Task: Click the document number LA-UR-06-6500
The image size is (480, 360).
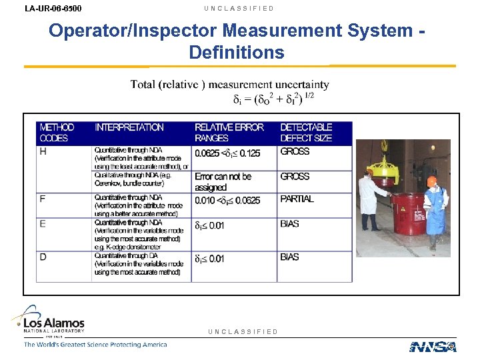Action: (53, 9)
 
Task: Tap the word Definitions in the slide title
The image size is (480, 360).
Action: (237, 52)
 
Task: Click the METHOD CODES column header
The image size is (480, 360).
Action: (57, 132)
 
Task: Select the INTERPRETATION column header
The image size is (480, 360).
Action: (129, 127)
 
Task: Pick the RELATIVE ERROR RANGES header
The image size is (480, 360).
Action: (229, 132)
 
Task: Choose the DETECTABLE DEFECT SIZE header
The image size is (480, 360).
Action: (306, 132)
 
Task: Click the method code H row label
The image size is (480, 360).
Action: (43, 151)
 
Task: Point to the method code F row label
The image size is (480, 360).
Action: (43, 199)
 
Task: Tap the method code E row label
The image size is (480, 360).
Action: (43, 223)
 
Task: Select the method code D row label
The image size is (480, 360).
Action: (43, 257)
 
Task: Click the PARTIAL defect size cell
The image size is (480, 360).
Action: (297, 199)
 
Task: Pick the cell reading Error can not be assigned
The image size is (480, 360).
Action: (223, 182)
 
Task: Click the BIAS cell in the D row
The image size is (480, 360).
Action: (290, 257)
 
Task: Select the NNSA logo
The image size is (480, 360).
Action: (433, 347)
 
